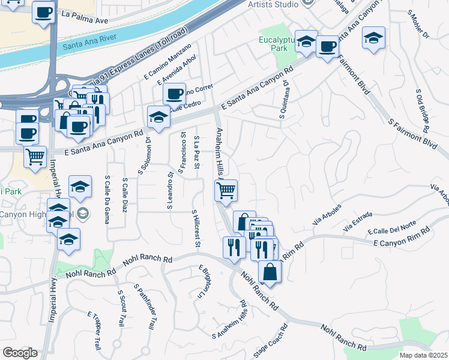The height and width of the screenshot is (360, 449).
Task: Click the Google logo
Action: click(20, 353)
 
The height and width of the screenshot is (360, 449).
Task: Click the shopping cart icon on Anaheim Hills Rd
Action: click(226, 191)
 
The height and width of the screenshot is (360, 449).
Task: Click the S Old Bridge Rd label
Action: click(422, 111)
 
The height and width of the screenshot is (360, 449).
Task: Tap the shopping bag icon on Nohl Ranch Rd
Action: click(270, 272)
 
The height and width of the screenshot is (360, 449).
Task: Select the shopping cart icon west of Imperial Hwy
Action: click(35, 157)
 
